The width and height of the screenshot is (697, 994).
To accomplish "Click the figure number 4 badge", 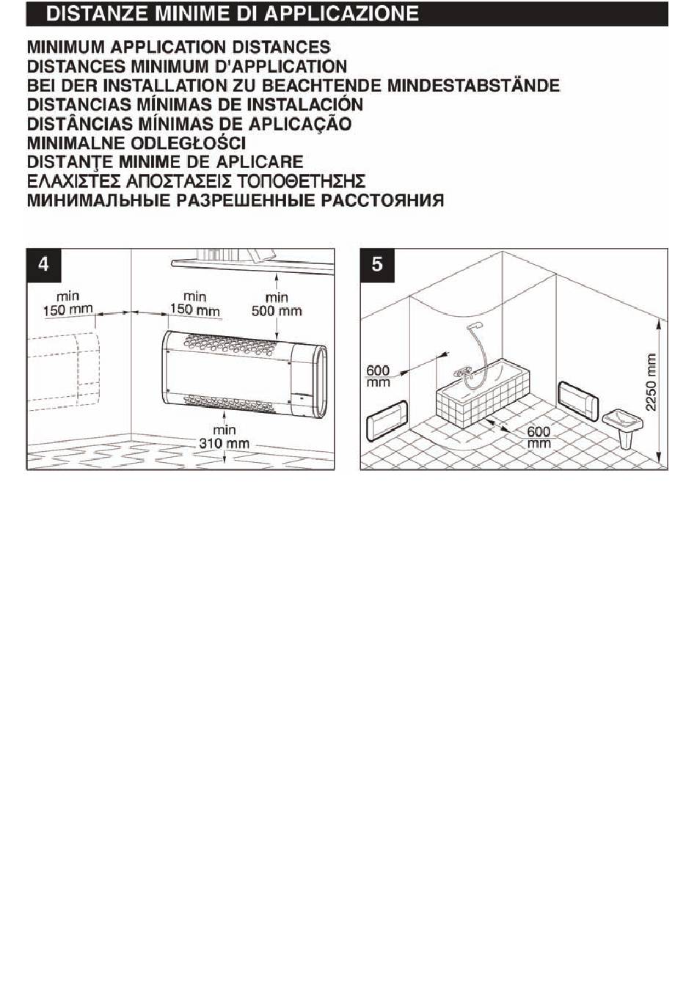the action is tap(43, 265).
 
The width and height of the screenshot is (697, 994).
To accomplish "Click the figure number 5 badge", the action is tap(377, 265).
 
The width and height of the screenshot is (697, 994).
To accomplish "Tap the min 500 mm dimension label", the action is tap(277, 304).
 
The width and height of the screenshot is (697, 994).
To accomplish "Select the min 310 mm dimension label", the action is tap(225, 436).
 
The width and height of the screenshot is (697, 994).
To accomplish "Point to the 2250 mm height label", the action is tap(650, 381).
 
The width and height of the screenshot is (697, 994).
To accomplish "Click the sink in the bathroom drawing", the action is tap(624, 426).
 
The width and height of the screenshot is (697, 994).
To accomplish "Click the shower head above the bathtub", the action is tap(474, 326).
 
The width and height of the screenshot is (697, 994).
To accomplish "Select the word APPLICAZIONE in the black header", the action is tap(341, 14).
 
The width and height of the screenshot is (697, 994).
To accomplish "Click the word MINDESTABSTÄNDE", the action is tap(473, 85).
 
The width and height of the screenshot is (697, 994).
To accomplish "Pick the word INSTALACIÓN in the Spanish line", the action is tap(304, 104).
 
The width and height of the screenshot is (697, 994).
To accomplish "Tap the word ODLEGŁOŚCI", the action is tap(189, 143).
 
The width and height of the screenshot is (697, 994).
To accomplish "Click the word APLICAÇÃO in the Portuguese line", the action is tap(299, 123).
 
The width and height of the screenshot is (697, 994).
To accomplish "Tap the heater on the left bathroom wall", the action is tap(386, 420).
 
